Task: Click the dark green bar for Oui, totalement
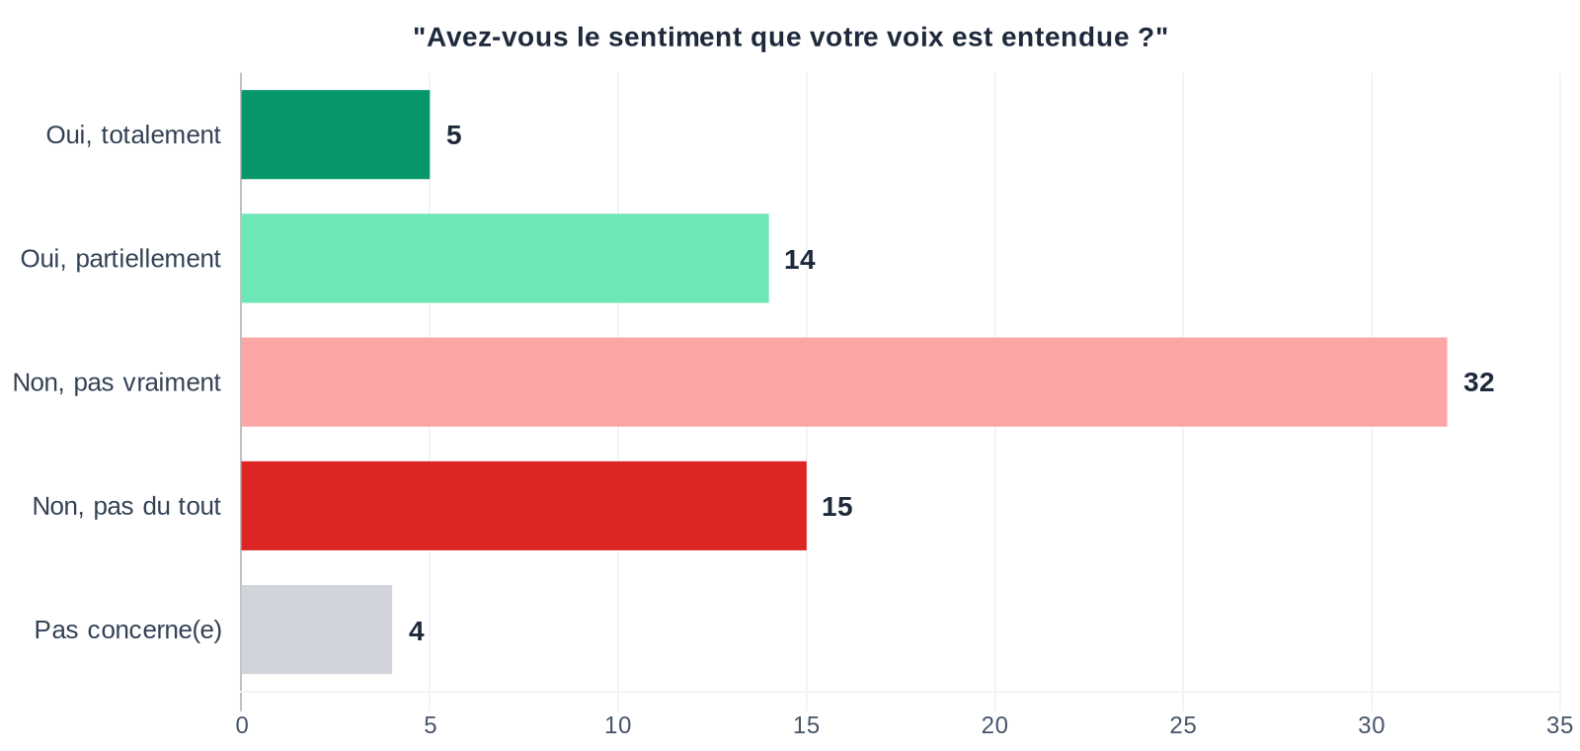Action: pyautogui.click(x=335, y=134)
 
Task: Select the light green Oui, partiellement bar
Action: pyautogui.click(x=505, y=259)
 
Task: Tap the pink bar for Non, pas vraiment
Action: pyautogui.click(x=843, y=382)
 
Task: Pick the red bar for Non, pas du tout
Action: pyautogui.click(x=523, y=506)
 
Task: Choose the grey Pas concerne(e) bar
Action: pyautogui.click(x=316, y=629)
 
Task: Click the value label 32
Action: pyautogui.click(x=1478, y=382)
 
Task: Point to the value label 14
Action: pyautogui.click(x=799, y=260)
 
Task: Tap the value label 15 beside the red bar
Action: pyautogui.click(x=836, y=507)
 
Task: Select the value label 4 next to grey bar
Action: pyautogui.click(x=416, y=630)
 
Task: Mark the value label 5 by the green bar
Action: pyautogui.click(x=453, y=135)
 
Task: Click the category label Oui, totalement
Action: pyautogui.click(x=133, y=135)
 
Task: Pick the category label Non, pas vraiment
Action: pyautogui.click(x=117, y=382)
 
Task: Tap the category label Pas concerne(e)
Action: pyautogui.click(x=128, y=629)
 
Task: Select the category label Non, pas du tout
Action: pyautogui.click(x=126, y=506)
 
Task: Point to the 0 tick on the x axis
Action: pyautogui.click(x=241, y=725)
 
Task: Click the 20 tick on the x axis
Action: pyautogui.click(x=994, y=725)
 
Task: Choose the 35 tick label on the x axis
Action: pyautogui.click(x=1559, y=725)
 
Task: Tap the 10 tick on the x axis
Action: pyautogui.click(x=618, y=725)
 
